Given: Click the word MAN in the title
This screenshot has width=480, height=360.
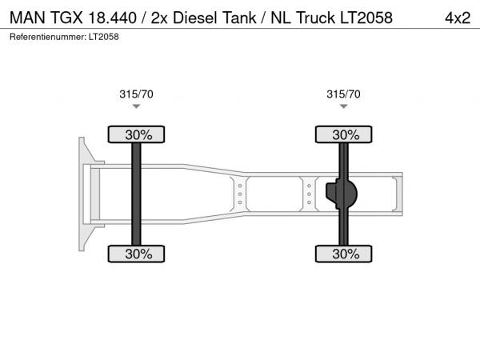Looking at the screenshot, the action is [27, 18].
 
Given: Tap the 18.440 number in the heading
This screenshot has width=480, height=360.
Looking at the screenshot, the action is [112, 18].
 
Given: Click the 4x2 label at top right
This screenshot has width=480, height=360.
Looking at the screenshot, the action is [458, 18].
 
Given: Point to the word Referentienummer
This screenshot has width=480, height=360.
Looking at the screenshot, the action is [48, 37].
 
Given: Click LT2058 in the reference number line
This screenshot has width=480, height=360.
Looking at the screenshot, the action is [104, 37].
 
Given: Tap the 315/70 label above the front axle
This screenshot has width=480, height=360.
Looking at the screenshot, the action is [136, 94].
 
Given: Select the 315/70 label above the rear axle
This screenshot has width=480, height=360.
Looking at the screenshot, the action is [343, 94].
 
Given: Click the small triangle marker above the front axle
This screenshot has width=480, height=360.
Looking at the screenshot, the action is [136, 106].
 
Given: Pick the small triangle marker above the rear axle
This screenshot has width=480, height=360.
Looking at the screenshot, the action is [343, 106].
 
